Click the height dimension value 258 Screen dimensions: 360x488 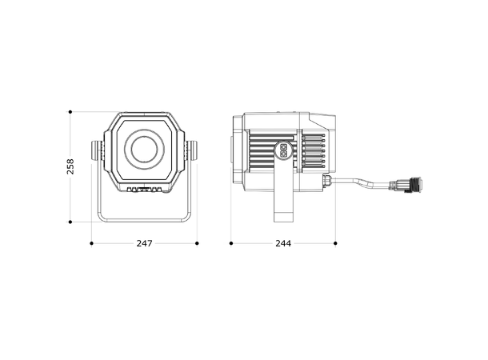(71, 166)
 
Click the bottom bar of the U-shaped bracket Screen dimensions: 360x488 (144, 221)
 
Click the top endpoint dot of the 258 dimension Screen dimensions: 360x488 (71, 110)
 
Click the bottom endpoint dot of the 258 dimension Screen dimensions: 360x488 (71, 222)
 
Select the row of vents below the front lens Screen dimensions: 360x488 (145, 190)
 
